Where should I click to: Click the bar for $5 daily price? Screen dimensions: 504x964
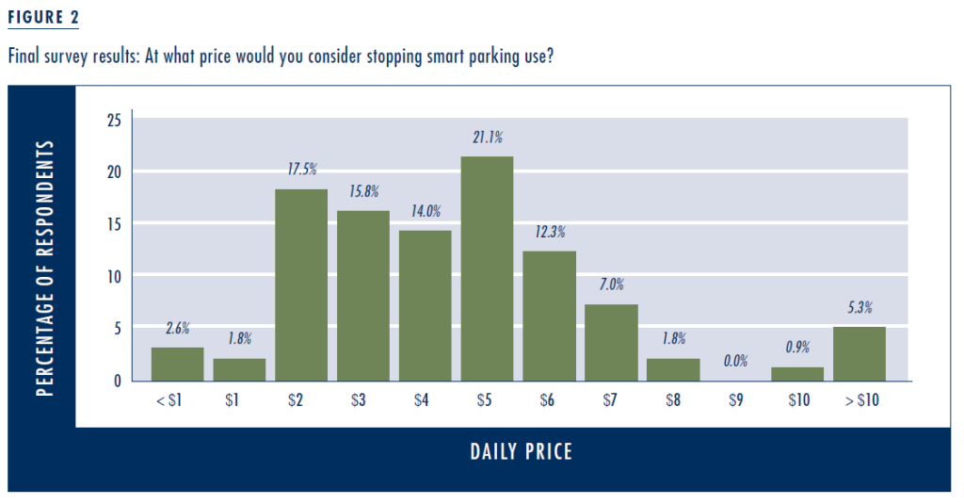[x=488, y=268]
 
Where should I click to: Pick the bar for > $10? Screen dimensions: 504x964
[x=859, y=353]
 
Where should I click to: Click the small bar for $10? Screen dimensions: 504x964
[x=796, y=374]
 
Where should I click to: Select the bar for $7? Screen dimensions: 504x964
[x=611, y=342]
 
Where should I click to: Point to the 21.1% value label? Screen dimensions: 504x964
[x=488, y=138]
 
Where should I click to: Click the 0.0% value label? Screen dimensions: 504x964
[x=735, y=361]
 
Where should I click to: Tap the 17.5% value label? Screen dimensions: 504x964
[x=301, y=170]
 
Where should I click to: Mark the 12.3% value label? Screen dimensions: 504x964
[x=549, y=232]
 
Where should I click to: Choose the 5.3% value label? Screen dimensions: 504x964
[x=859, y=306]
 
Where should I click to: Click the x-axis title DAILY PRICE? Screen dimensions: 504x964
[x=521, y=452]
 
